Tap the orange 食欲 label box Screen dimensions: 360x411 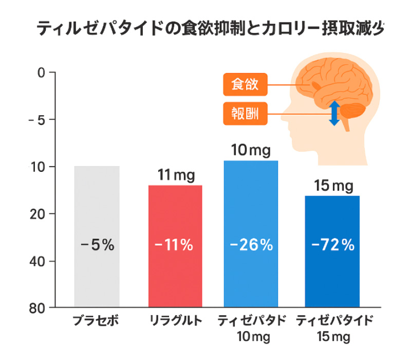[x=246, y=85]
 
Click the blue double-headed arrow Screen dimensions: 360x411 [x=334, y=113]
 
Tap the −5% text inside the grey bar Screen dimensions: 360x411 [x=97, y=245]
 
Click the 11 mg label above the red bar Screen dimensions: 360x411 [x=176, y=176]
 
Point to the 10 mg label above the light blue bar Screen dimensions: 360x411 [x=251, y=151]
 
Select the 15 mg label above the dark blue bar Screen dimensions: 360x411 [x=333, y=186]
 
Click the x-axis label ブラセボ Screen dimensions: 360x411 [x=97, y=321]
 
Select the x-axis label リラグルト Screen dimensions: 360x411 [x=176, y=321]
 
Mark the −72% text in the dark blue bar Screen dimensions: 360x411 [x=333, y=245]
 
